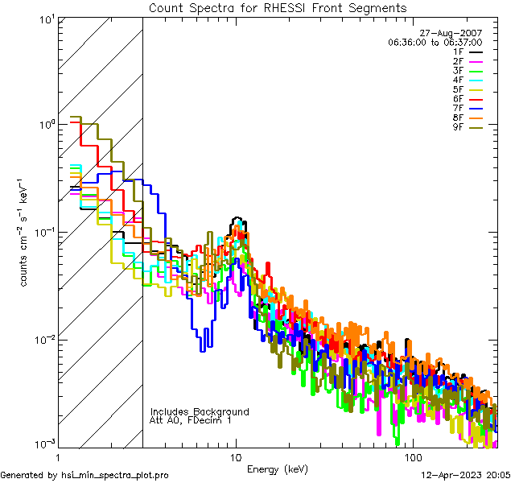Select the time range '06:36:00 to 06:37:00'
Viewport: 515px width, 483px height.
(435, 42)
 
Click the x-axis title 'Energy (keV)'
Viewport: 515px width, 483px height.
(277, 469)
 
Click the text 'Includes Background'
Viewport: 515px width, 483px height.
(200, 411)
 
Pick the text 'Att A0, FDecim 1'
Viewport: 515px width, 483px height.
(192, 420)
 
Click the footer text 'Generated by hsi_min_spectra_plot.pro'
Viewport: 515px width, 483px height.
(84, 476)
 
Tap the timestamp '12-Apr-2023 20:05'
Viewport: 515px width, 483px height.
(466, 476)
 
